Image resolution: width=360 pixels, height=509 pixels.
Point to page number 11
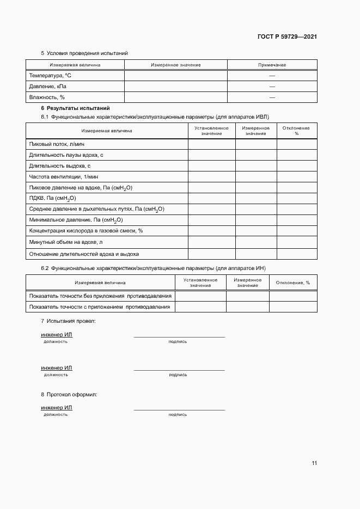pos(314,463)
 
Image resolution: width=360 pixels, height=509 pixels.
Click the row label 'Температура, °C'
pos(50,76)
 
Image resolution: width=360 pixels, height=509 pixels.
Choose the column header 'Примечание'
pos(272,65)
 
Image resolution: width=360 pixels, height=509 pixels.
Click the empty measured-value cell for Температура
pos(175,76)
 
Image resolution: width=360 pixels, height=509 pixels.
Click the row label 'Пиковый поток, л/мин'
pos(57,144)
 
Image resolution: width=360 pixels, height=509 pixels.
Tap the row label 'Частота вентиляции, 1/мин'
pos(63,177)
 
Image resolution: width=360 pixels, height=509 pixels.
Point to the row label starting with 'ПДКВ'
pos(52,199)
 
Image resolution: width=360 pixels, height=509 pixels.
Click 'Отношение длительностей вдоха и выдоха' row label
pos(83,254)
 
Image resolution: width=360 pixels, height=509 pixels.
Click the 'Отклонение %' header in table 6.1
pos(296,131)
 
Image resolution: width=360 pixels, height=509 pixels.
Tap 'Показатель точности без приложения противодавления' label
pos(100,296)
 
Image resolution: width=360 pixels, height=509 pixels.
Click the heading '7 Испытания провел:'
pos(68,321)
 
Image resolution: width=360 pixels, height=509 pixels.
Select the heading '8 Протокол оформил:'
pos(69,394)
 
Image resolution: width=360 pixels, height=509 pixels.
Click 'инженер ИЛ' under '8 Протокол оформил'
pos(56,407)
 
